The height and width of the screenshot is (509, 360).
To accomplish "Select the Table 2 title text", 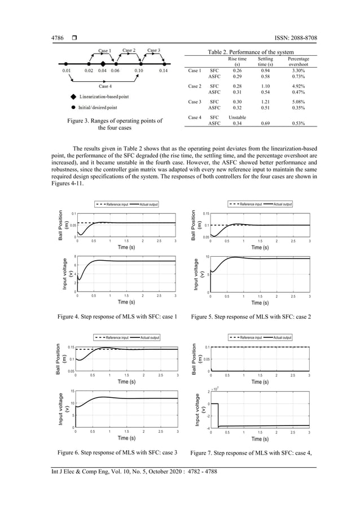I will (251, 52).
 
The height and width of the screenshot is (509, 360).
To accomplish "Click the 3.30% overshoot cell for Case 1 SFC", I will (298, 71).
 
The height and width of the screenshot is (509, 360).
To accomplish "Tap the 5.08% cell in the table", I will (298, 102).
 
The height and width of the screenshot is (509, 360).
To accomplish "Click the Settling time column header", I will (265, 61).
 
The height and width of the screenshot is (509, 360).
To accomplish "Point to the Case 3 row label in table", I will (194, 102).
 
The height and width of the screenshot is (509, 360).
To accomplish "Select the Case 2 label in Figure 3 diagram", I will (129, 51).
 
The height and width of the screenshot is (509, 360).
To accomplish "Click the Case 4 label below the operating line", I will (105, 86).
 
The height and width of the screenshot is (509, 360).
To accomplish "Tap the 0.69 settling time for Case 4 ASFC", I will (265, 122).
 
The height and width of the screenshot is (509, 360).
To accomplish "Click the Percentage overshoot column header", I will (298, 61).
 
